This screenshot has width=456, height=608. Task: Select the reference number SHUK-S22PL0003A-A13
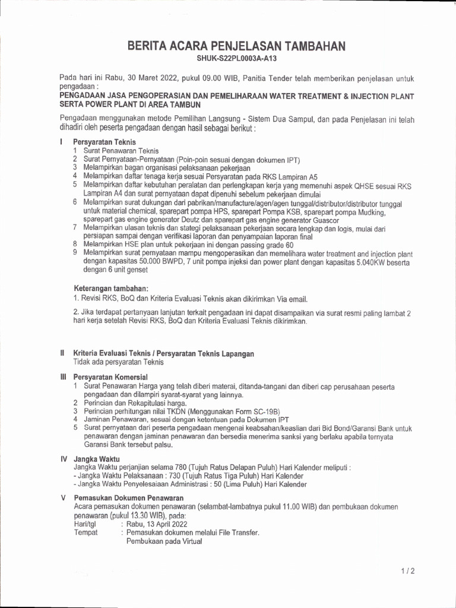tap(237, 59)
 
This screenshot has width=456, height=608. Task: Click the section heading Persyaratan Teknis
tap(104, 142)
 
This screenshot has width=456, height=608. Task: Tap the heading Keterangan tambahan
tap(110, 288)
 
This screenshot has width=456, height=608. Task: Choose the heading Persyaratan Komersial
tap(110, 377)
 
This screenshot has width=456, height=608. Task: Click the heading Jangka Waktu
tap(96, 459)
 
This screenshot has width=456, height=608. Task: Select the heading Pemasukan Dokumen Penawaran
tap(128, 498)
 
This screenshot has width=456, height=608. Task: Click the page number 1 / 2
tap(407, 571)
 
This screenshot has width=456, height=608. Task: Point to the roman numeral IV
tap(64, 459)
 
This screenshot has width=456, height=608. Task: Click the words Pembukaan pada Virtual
tap(164, 541)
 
